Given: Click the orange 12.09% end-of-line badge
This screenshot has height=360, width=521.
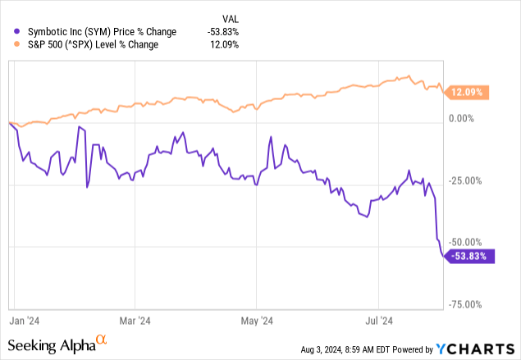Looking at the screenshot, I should coord(469,92).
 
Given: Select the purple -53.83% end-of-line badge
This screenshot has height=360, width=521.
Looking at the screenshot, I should coord(471,256).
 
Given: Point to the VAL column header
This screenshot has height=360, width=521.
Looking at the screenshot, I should coord(232,17).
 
